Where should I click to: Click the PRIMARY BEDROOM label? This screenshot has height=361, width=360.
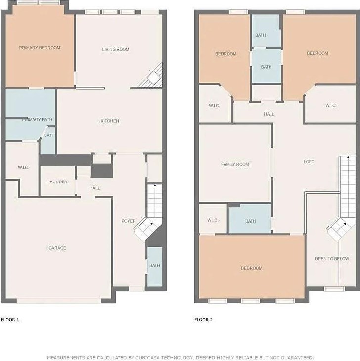(40, 48)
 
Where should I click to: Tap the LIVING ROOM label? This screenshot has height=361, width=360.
(116, 49)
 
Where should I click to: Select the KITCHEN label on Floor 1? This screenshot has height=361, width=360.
(110, 121)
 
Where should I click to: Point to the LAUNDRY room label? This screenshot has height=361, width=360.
(57, 182)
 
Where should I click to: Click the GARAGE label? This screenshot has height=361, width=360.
(57, 248)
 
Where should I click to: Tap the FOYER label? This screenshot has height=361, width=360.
(129, 221)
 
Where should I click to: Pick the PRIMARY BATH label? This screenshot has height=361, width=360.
(37, 120)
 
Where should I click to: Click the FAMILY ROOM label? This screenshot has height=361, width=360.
(235, 164)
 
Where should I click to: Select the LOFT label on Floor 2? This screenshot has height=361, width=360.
(309, 162)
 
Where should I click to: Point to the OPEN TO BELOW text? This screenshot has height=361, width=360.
(331, 259)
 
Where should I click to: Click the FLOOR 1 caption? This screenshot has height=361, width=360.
(10, 320)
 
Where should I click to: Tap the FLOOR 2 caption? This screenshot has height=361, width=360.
(203, 320)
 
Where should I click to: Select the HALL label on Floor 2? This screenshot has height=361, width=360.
(269, 114)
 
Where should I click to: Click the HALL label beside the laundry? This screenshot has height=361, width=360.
(95, 188)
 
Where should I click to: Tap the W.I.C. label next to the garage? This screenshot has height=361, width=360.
(23, 167)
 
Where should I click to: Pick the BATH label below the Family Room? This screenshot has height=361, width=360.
(250, 221)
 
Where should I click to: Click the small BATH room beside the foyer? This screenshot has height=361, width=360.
(155, 266)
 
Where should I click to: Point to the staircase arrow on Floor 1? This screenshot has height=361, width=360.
(155, 186)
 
